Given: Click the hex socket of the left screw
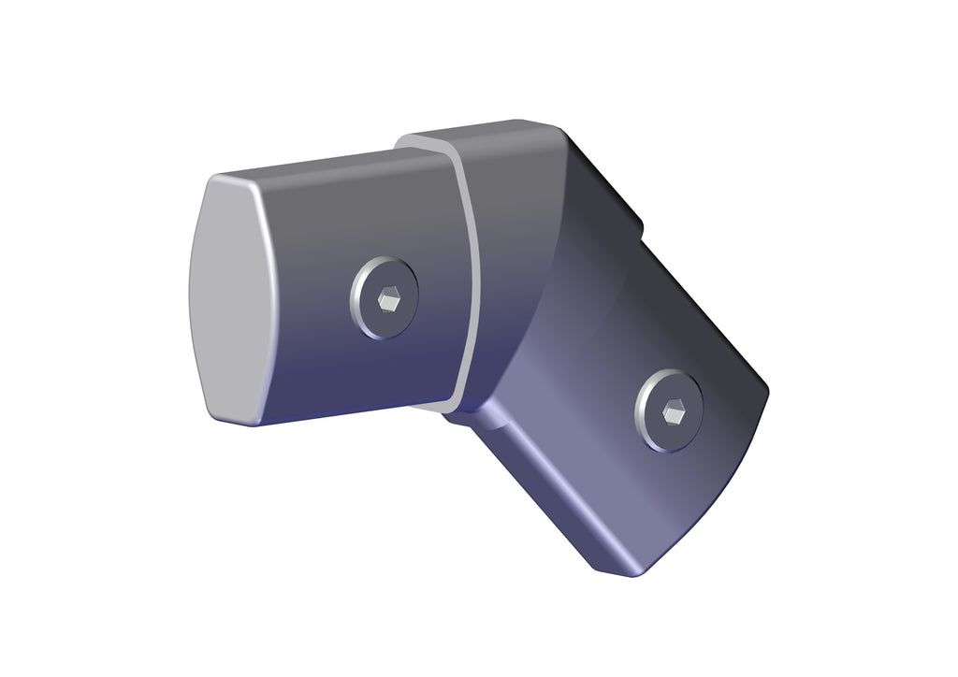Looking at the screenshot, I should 388,299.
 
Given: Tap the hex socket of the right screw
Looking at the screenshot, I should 673,411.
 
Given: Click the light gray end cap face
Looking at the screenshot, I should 229,299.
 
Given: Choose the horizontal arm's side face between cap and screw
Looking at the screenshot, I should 309,299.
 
